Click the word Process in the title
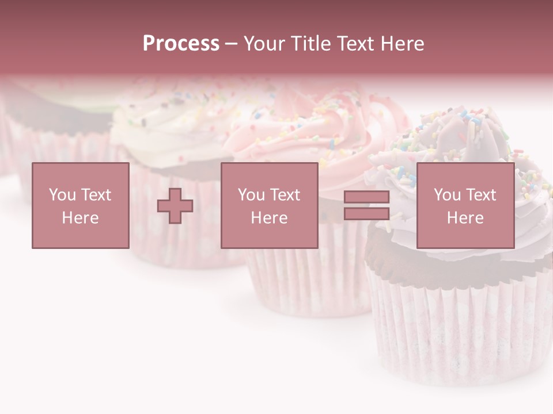click(x=181, y=44)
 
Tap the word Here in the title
click(x=402, y=44)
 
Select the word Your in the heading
click(x=263, y=44)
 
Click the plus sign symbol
click(x=175, y=206)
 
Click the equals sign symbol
click(x=366, y=205)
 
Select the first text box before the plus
click(x=80, y=205)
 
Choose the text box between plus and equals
click(x=269, y=205)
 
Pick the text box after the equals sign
click(x=465, y=205)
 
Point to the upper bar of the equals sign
click(x=366, y=197)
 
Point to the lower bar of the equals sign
click(x=366, y=214)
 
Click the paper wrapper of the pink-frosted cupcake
click(x=305, y=282)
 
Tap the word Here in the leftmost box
click(x=80, y=218)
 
